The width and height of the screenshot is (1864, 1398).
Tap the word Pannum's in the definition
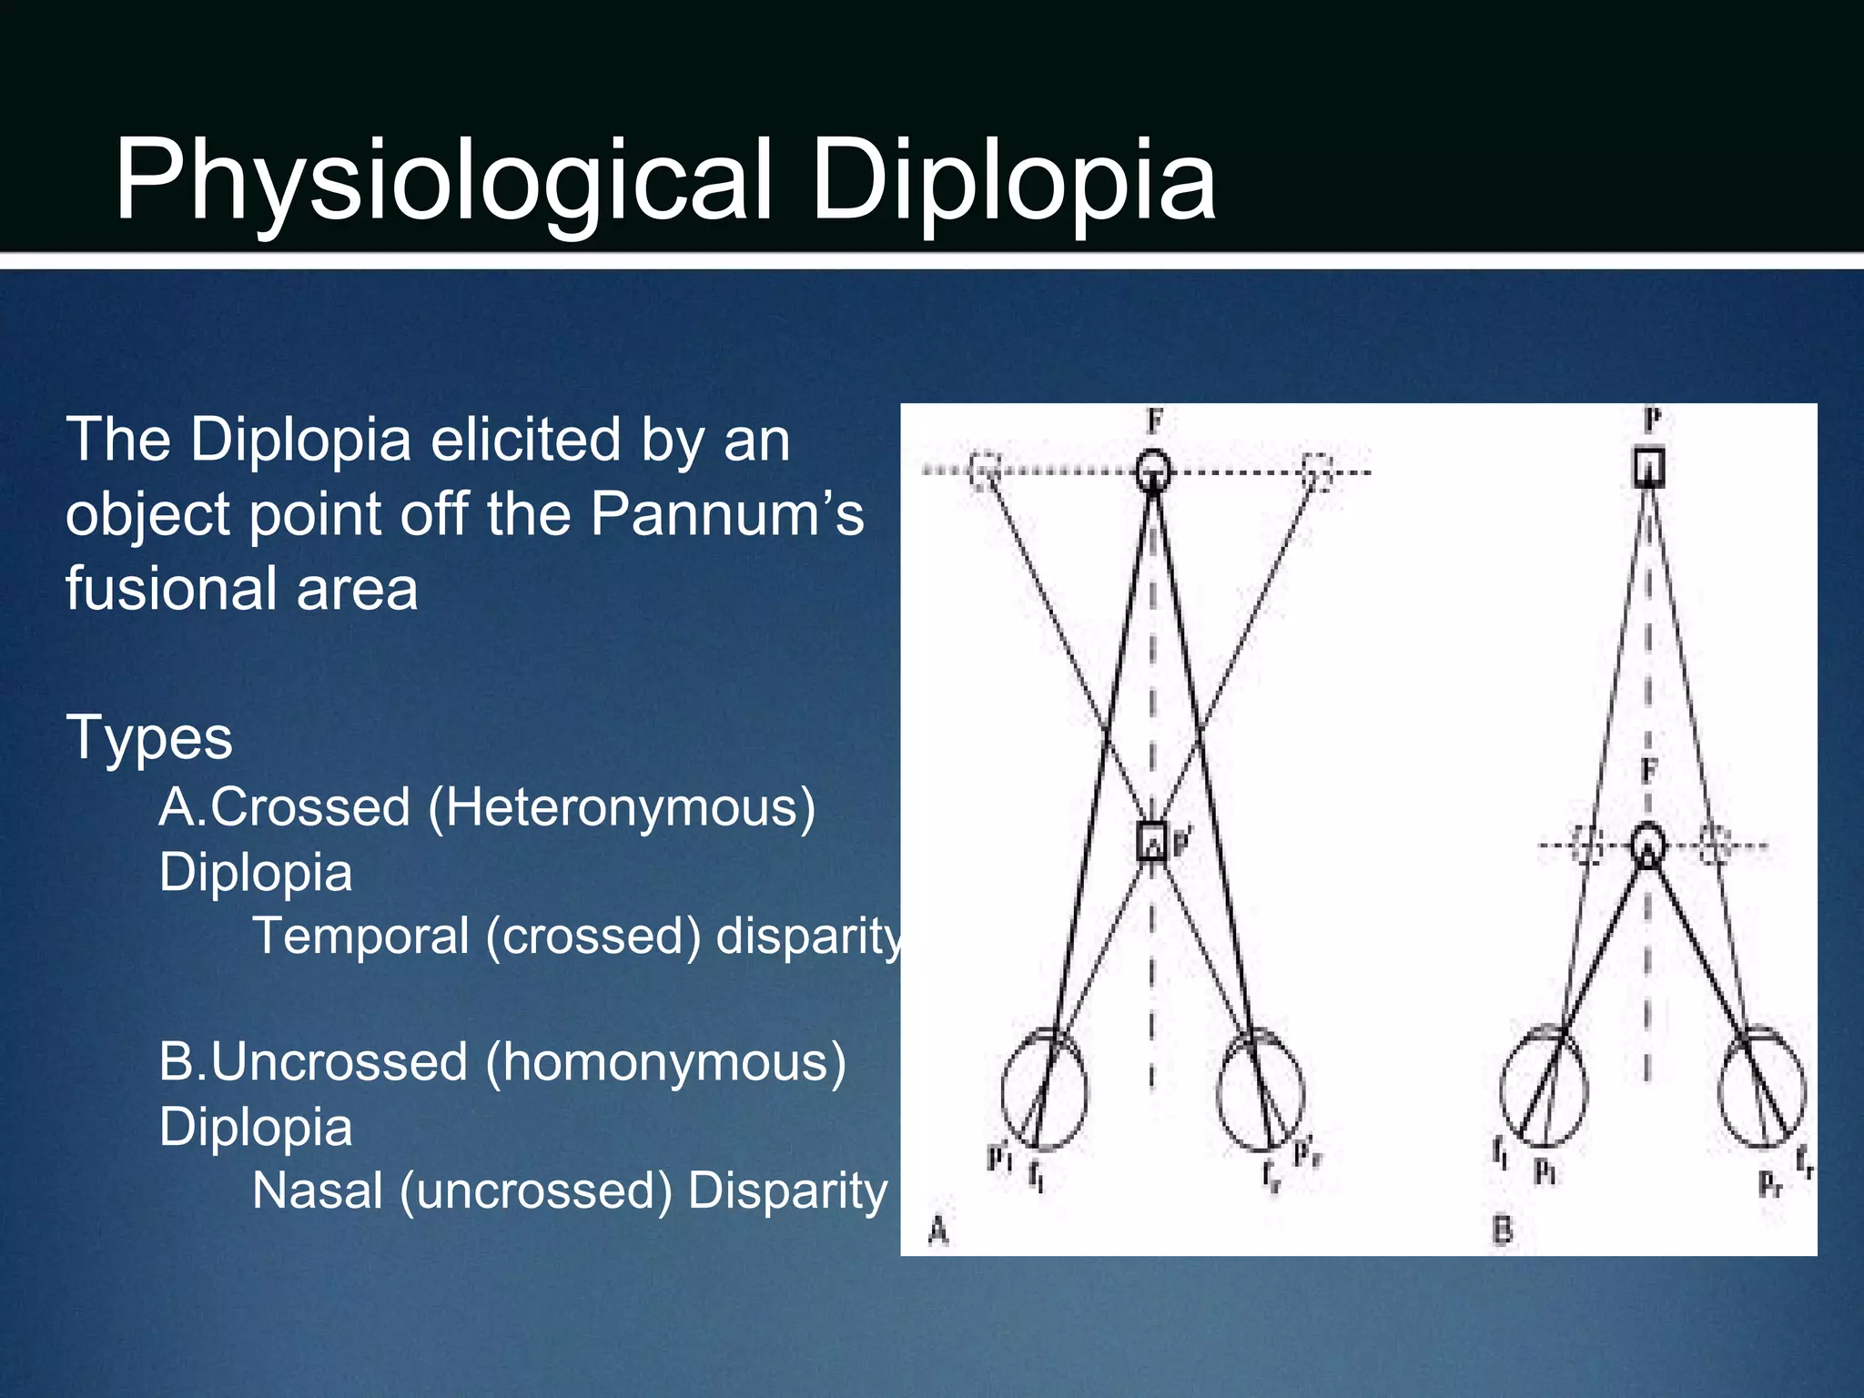726,514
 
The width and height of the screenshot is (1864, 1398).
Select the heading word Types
149,737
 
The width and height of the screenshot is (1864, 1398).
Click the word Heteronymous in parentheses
622,808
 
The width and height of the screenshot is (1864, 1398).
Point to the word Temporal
360,936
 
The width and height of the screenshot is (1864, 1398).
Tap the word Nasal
317,1190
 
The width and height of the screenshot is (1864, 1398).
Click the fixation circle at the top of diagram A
1153,470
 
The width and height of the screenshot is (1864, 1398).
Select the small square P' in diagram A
1152,840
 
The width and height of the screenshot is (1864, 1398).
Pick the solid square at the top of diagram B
1648,468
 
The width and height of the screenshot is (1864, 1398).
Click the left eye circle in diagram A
1044,1089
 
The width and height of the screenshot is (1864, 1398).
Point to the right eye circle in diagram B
1762,1087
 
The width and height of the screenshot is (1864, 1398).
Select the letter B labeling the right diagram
1502,1231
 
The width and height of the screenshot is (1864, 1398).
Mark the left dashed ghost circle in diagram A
984,470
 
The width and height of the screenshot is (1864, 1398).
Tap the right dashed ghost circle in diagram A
1316,471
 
